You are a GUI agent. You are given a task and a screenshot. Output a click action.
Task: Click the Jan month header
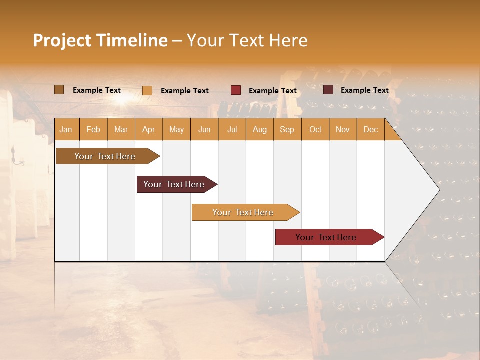click(66, 129)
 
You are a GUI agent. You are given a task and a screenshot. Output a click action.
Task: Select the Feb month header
click(93, 129)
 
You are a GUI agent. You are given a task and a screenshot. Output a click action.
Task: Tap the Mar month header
click(121, 129)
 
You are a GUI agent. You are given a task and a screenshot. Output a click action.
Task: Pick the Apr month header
click(149, 129)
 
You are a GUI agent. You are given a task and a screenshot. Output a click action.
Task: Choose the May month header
click(176, 129)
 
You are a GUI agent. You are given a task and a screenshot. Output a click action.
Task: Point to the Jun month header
click(204, 129)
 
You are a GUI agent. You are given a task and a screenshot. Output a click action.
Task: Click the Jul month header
click(232, 129)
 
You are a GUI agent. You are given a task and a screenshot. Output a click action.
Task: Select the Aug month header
click(260, 129)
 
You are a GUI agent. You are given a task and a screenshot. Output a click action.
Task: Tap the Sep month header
click(287, 129)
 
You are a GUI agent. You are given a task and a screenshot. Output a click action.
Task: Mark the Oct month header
click(315, 129)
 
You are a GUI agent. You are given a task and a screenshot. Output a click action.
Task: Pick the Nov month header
click(343, 129)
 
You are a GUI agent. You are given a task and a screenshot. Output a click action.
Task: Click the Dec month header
click(371, 129)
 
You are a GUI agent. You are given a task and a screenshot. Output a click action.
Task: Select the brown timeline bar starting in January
click(105, 156)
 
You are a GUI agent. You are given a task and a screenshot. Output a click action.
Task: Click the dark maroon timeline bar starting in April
click(174, 184)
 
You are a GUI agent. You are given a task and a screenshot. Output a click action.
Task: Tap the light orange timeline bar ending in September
click(243, 212)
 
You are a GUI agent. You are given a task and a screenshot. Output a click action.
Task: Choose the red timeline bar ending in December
click(326, 237)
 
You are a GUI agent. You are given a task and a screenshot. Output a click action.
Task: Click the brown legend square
click(59, 90)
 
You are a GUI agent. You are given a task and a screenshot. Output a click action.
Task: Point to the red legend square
click(236, 90)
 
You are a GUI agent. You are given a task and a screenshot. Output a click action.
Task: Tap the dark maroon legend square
click(328, 90)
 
